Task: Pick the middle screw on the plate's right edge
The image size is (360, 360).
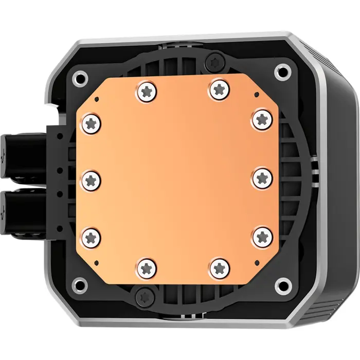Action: (263, 177)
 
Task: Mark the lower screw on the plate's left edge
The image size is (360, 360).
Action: (92, 237)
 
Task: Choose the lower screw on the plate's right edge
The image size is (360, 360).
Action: (263, 236)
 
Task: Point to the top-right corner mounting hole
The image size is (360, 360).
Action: (281, 70)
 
